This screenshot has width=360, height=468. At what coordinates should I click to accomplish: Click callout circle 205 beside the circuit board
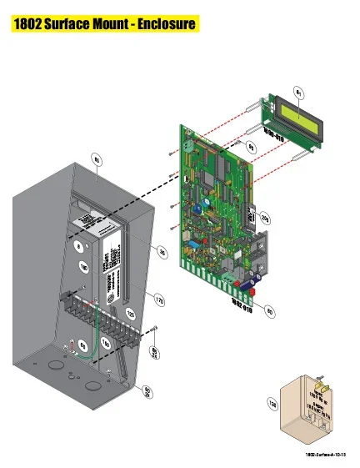264,218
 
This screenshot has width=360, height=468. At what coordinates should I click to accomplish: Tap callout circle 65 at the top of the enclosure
97,159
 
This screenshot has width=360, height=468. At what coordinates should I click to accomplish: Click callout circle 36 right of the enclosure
163,252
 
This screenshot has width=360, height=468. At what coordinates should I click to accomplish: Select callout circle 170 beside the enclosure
158,298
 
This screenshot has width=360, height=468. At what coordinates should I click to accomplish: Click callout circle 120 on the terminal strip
130,314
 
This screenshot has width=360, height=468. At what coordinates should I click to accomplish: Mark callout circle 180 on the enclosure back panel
83,267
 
